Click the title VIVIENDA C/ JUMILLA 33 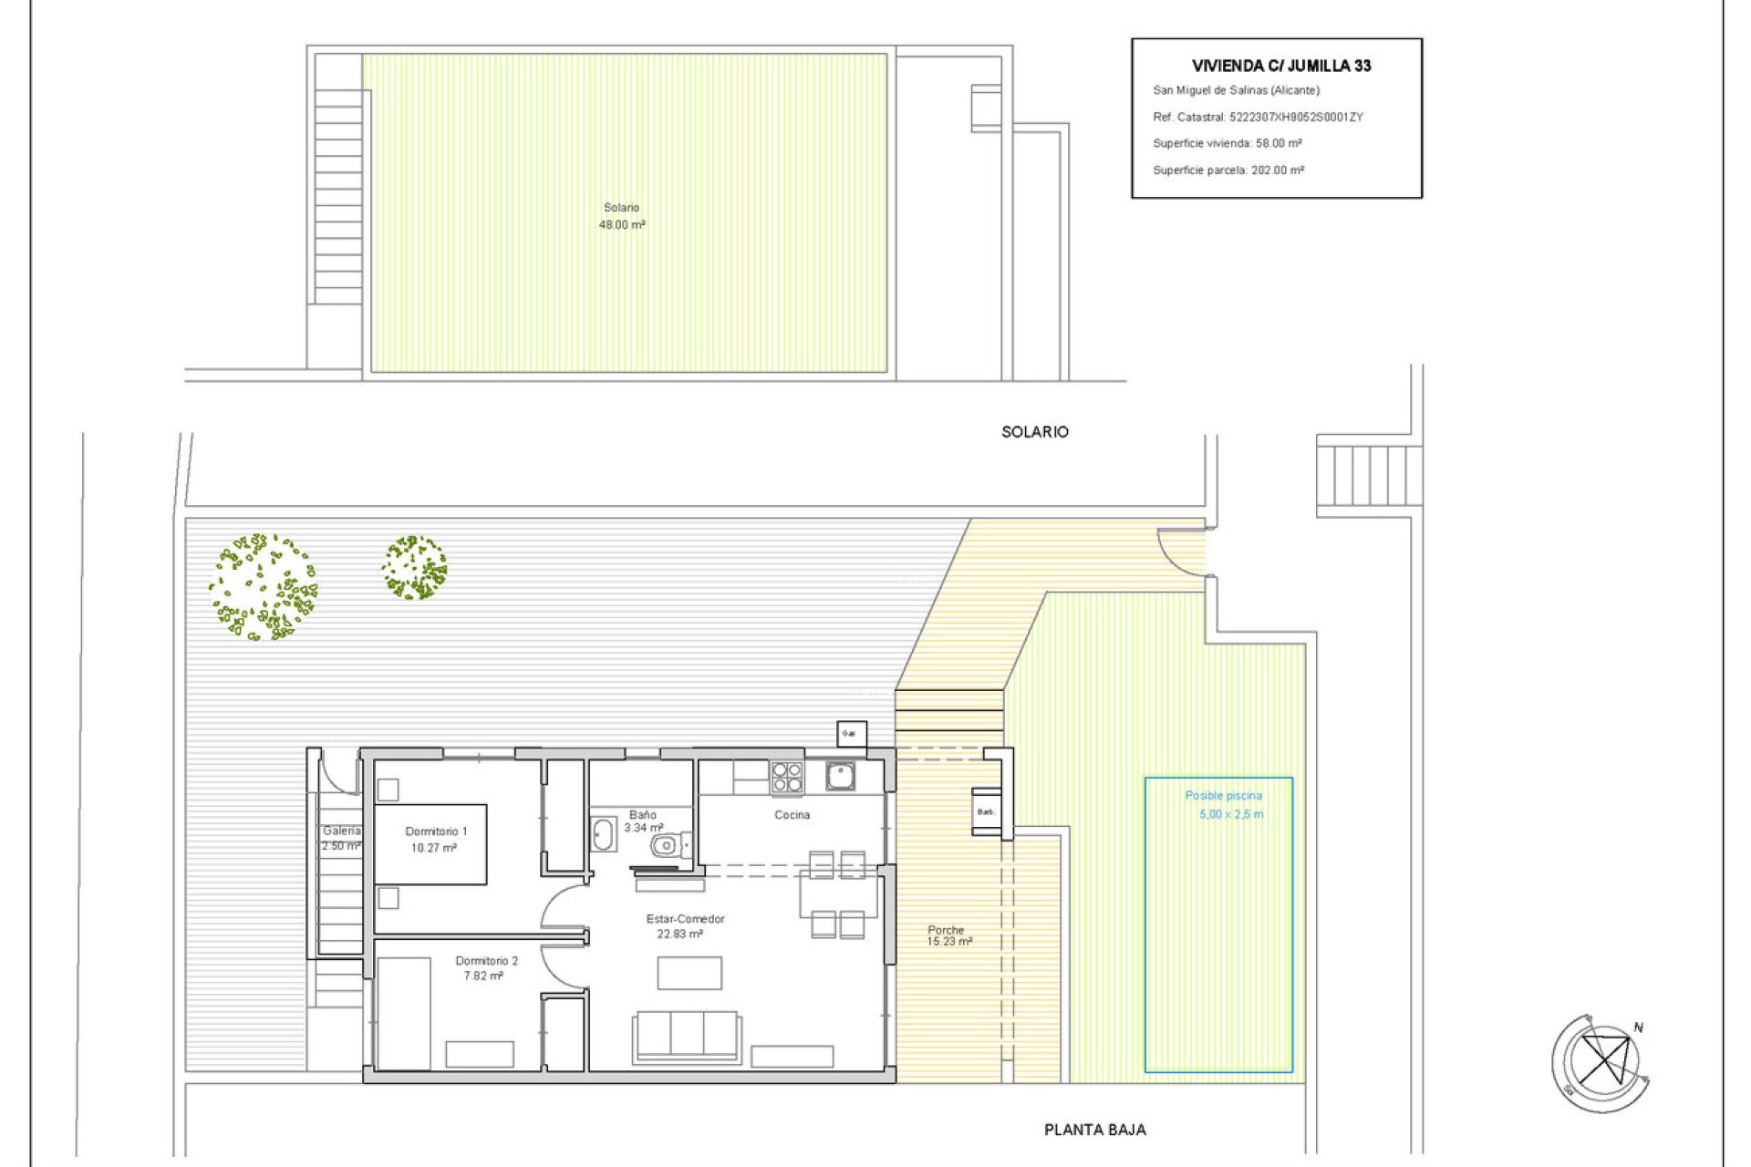pos(1280,66)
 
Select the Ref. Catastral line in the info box pos(1257,117)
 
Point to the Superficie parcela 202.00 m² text pos(1228,170)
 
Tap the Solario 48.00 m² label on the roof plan pos(622,216)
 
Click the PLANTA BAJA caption pos(1094,1130)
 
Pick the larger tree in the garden pos(263,587)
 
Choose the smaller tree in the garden pos(414,567)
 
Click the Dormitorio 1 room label pos(435,839)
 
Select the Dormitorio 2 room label pos(486,967)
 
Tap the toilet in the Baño pos(669,847)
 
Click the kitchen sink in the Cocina pos(840,777)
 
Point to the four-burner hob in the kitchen pos(787,778)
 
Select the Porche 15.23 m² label pos(948,935)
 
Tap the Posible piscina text pos(1223,796)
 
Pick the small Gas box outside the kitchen pos(851,734)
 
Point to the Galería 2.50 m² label pos(341,838)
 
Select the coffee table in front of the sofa pos(689,973)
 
